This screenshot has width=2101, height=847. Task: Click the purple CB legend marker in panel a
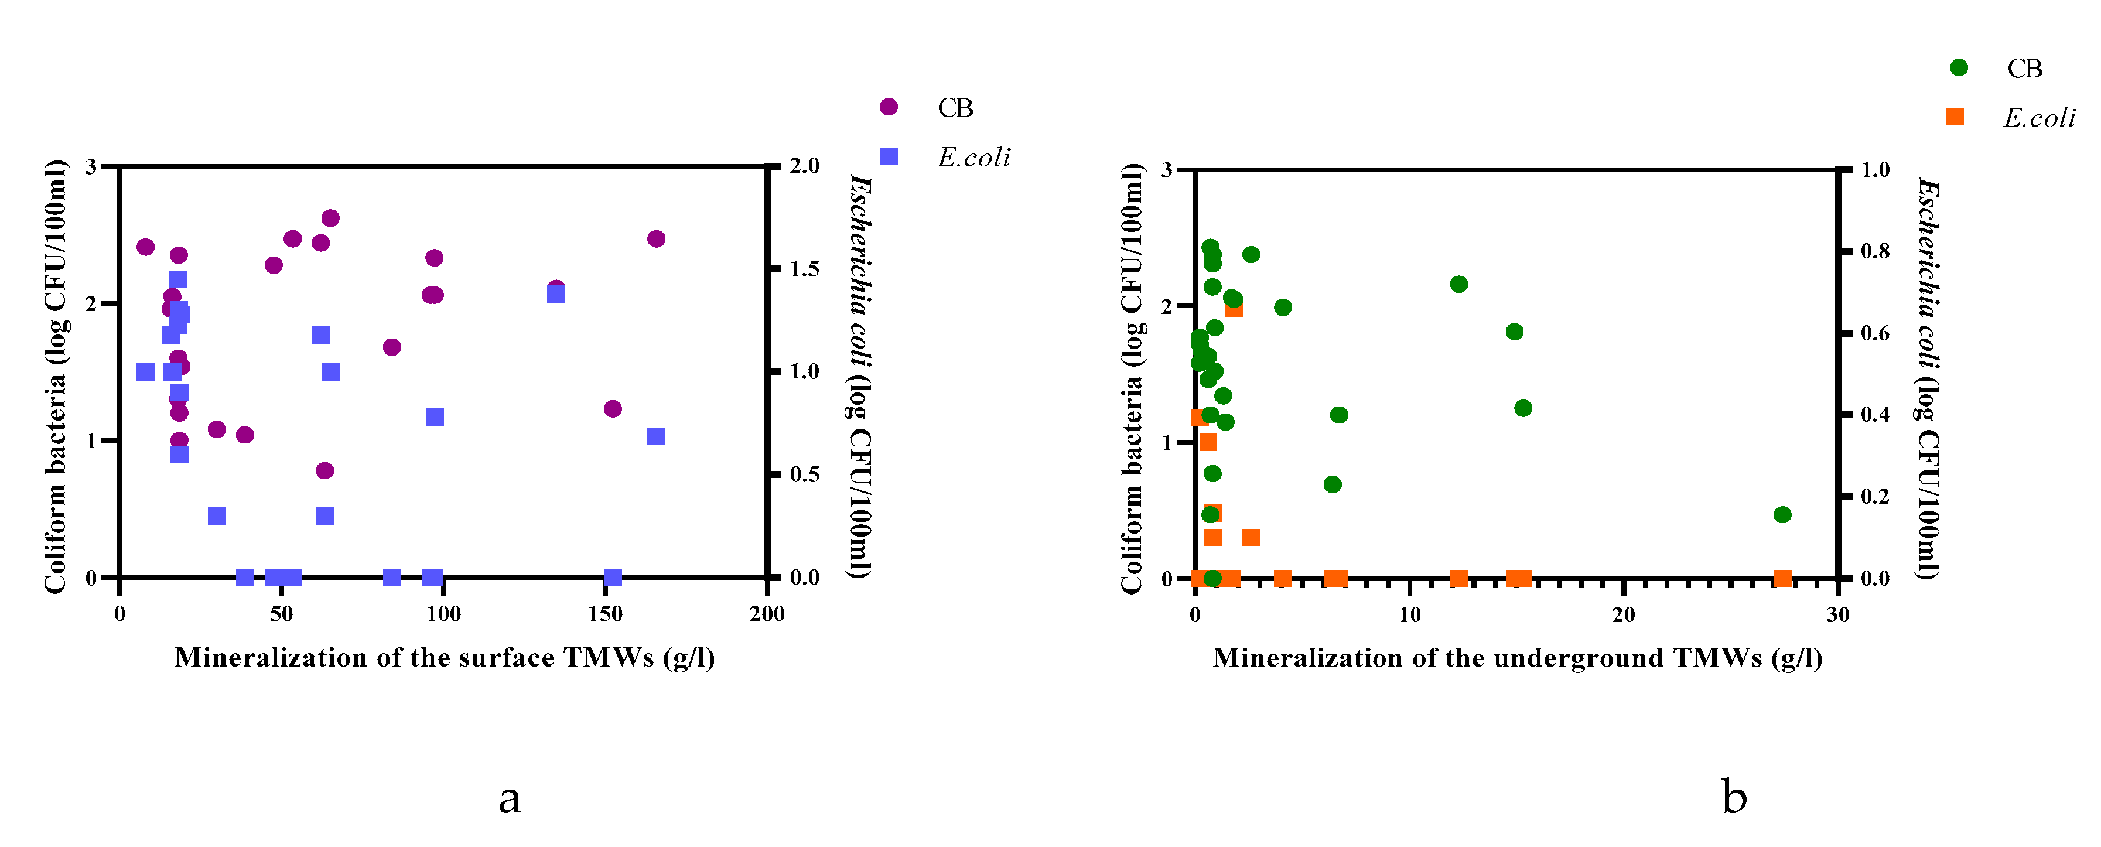point(888,107)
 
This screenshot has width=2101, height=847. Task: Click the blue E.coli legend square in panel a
point(888,156)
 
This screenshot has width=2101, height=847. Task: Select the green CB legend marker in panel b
point(1958,68)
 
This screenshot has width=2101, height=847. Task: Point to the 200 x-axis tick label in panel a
point(767,614)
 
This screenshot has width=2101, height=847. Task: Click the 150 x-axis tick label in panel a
point(605,614)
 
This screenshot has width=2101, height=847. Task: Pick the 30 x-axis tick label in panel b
point(1837,614)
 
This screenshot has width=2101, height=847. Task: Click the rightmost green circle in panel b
point(1782,514)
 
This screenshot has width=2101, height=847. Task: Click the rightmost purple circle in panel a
point(656,238)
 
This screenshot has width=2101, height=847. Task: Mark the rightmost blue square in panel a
point(656,436)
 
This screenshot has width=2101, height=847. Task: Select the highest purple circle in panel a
point(330,218)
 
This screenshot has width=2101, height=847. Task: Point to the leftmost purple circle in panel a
point(145,247)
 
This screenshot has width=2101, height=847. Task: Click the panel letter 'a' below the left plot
point(510,798)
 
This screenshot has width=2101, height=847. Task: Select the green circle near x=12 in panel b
point(1459,284)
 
